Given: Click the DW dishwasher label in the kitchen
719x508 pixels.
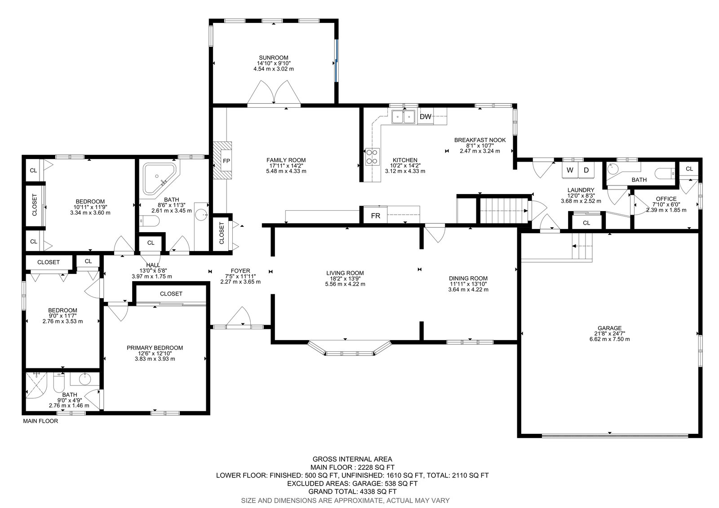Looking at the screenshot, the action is pyautogui.click(x=425, y=116).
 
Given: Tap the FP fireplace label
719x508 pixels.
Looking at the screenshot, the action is pyautogui.click(x=226, y=161).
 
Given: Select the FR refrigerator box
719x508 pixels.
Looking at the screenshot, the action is pyautogui.click(x=375, y=216).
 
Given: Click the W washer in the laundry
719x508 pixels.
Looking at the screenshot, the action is pyautogui.click(x=570, y=170).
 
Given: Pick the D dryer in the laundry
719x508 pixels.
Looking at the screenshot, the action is pyautogui.click(x=586, y=170).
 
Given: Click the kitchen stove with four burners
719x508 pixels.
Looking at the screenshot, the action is pyautogui.click(x=373, y=157).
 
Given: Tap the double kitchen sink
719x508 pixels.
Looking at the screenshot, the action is pyautogui.click(x=404, y=116).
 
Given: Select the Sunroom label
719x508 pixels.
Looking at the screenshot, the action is pyautogui.click(x=274, y=58).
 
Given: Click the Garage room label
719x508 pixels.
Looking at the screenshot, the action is pyautogui.click(x=609, y=328).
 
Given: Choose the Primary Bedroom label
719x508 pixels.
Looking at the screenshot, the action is pyautogui.click(x=155, y=348).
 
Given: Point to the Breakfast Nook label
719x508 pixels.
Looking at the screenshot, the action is pyautogui.click(x=480, y=140).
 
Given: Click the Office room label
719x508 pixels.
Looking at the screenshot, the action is pyautogui.click(x=666, y=199).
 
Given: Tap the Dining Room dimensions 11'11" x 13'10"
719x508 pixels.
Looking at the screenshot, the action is pyautogui.click(x=468, y=284).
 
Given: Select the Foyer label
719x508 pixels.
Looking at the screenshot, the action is pyautogui.click(x=240, y=271).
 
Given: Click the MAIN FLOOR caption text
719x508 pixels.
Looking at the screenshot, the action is pyautogui.click(x=40, y=421).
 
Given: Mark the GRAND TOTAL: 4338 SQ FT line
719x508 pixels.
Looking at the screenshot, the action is pyautogui.click(x=352, y=491).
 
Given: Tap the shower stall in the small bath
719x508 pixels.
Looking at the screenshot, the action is pyautogui.click(x=36, y=385).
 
